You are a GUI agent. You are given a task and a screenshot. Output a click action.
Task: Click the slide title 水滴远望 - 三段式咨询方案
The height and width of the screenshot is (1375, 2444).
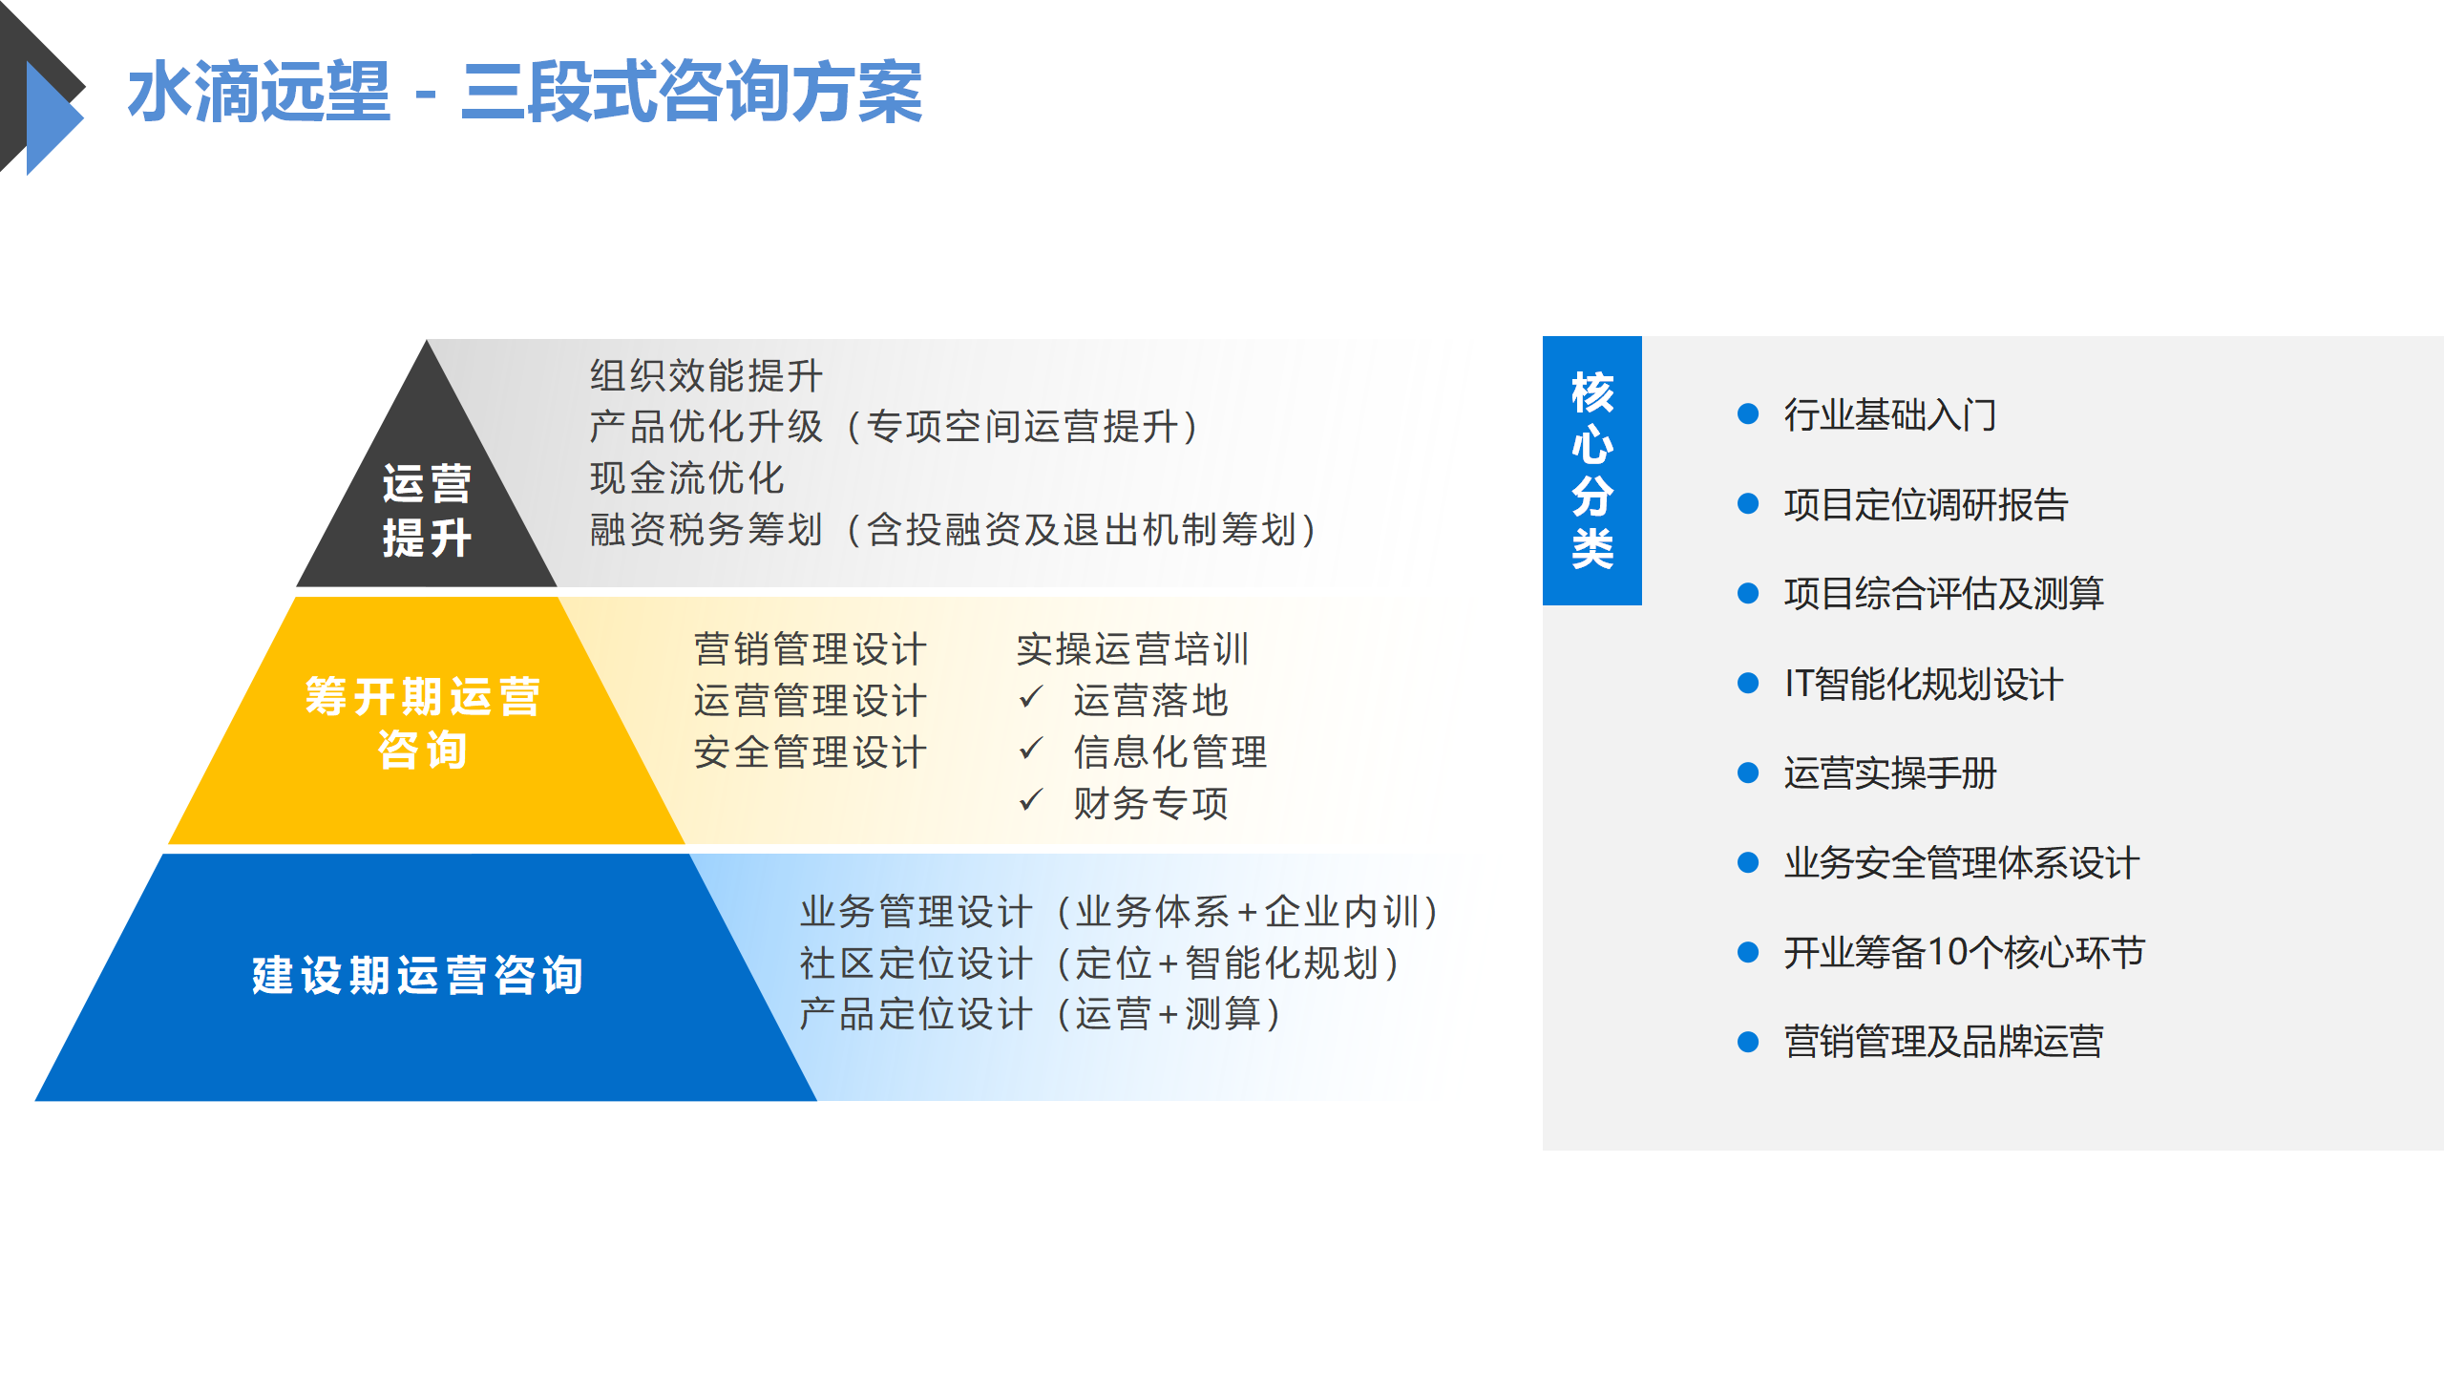click(525, 92)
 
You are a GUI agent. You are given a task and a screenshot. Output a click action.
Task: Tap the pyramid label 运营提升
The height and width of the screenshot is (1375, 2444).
click(427, 511)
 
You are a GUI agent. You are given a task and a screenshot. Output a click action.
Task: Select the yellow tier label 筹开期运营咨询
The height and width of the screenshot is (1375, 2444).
click(422, 723)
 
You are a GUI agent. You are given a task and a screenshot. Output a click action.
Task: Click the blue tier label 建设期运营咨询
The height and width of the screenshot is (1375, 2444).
click(417, 975)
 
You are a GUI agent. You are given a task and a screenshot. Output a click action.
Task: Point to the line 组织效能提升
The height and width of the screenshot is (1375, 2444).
click(706, 375)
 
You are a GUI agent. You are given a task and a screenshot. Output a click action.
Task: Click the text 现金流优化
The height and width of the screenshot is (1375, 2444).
click(686, 478)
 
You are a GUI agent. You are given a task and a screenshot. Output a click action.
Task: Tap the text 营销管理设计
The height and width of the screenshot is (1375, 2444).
click(810, 649)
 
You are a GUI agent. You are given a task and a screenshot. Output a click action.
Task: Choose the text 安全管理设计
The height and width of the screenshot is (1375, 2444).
click(810, 752)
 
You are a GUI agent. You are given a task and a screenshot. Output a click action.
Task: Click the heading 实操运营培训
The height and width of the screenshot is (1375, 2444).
click(1132, 649)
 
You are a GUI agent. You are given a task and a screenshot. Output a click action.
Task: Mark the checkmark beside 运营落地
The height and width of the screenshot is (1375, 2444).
click(1031, 697)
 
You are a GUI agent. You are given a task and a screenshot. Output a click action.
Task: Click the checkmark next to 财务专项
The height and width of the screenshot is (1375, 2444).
click(1031, 799)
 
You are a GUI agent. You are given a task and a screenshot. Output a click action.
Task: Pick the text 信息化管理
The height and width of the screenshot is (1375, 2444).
click(1169, 752)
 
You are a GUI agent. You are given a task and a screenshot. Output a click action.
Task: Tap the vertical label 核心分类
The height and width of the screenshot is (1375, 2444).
click(1592, 470)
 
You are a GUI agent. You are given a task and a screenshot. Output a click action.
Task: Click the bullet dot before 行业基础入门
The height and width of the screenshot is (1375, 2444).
click(1748, 413)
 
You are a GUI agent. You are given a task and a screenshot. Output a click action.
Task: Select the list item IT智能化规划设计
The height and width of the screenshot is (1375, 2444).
click(1924, 684)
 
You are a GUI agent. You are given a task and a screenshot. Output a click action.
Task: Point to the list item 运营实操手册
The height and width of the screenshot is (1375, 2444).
click(1890, 773)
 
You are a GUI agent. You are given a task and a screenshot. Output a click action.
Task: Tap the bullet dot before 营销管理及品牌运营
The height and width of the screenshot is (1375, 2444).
click(1748, 1042)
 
